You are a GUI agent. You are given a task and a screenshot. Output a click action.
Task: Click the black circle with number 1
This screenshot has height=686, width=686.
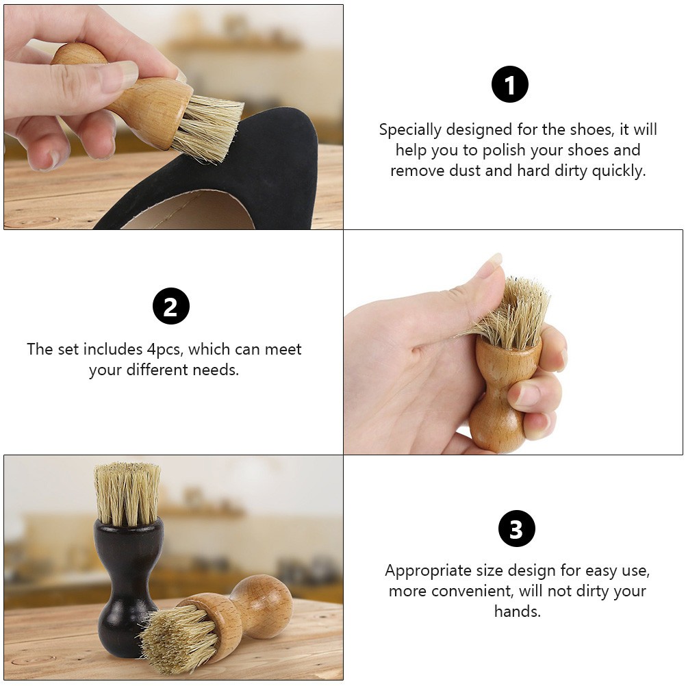509,84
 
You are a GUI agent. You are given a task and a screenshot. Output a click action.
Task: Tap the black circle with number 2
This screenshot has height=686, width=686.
171,306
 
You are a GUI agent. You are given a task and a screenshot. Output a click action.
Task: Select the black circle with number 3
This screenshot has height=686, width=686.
517,529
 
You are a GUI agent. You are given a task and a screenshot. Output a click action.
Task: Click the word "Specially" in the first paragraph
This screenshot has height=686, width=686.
410,130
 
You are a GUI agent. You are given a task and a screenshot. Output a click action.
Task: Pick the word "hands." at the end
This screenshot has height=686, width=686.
518,611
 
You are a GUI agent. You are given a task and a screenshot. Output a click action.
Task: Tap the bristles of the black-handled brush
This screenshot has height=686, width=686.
128,494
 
